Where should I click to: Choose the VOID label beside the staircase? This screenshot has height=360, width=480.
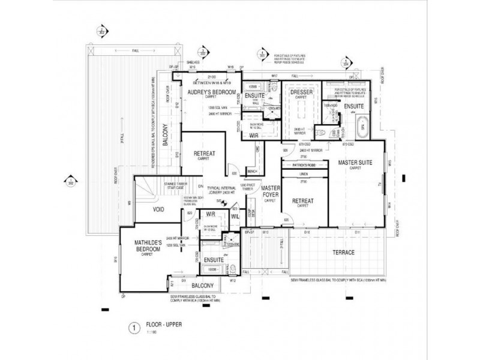point(158,210)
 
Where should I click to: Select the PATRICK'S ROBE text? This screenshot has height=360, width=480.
point(304,164)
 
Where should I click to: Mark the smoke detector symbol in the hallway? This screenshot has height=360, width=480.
point(224,203)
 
